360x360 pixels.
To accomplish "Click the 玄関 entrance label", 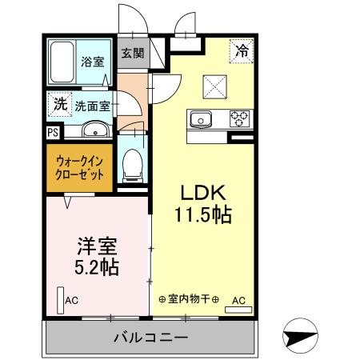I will pos(132,54).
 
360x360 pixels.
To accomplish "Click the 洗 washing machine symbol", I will pos(60,103).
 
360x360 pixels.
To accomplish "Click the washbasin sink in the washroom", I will pos(94,129).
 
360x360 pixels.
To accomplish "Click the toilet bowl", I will pos(132,166).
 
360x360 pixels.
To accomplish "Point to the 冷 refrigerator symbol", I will pos(241,50).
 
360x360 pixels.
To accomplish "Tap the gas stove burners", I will pos(238,118).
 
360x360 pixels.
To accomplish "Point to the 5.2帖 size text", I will pos(95,266).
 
